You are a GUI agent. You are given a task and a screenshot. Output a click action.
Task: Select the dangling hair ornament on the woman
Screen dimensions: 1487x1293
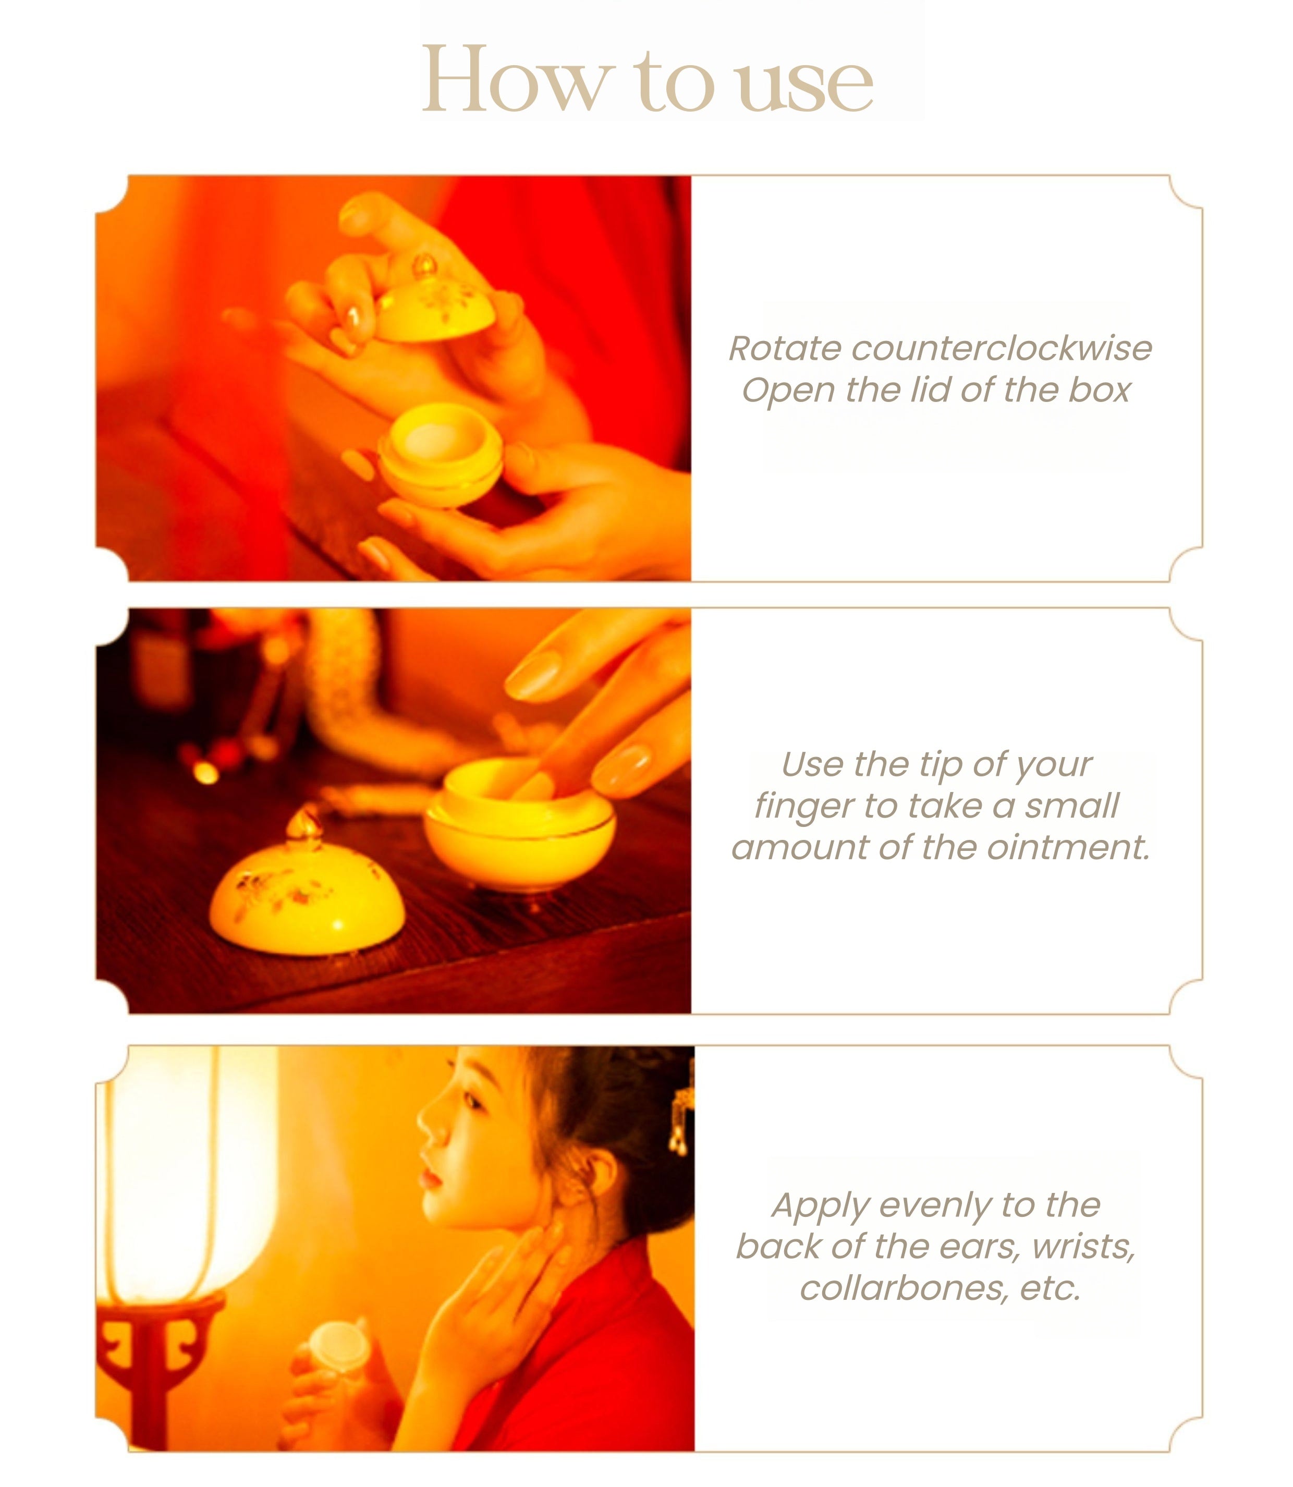(680, 1117)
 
